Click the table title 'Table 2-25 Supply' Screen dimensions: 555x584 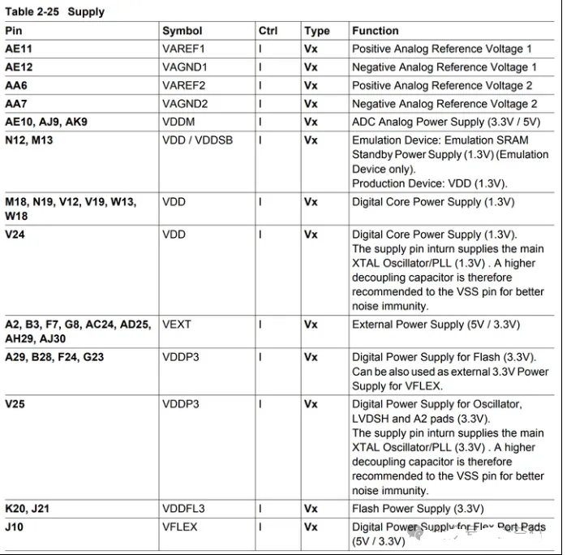pos(54,12)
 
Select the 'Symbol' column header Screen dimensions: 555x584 pos(182,31)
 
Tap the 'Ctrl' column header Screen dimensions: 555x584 pos(268,31)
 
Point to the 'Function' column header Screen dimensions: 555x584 pos(376,31)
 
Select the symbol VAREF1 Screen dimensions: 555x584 pos(185,49)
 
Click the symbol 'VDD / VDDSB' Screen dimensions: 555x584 pos(197,140)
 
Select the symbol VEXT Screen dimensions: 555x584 pos(177,325)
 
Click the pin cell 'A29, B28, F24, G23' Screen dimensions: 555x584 pos(54,357)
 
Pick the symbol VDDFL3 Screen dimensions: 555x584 pos(183,509)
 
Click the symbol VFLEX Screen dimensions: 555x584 pos(179,527)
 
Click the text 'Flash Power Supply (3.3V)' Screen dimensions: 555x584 pos(412,509)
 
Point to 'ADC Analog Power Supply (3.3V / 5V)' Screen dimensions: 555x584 pos(446,122)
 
